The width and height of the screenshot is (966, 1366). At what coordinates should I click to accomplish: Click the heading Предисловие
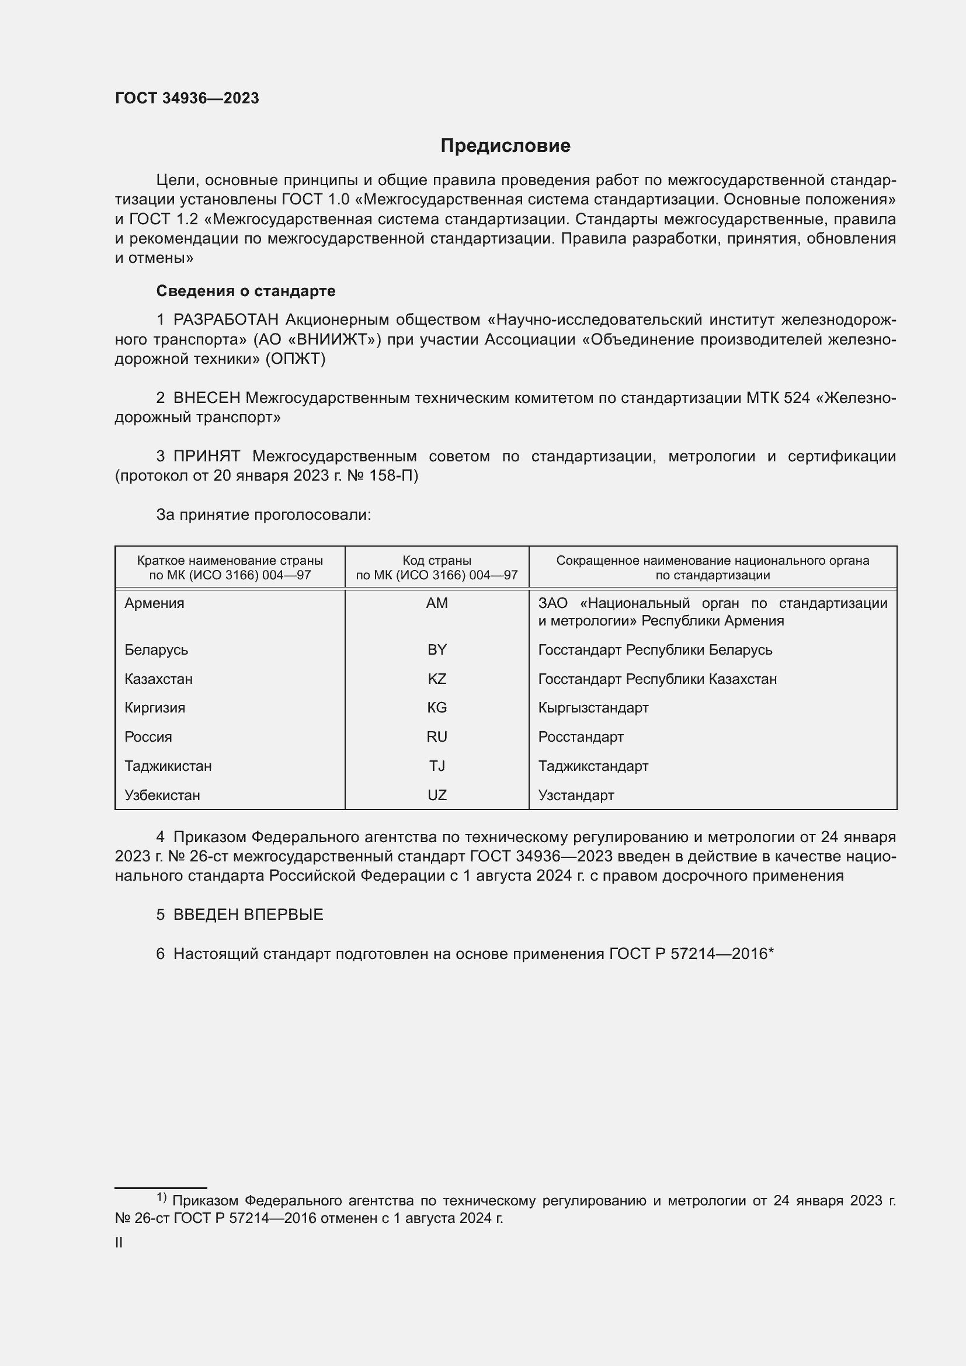click(x=505, y=146)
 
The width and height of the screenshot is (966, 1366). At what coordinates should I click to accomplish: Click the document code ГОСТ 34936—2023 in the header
click(x=187, y=98)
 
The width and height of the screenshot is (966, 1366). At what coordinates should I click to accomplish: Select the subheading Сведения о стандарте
click(x=246, y=291)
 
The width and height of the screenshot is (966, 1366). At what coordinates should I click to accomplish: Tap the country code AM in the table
click(x=437, y=603)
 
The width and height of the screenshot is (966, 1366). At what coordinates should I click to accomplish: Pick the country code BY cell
click(x=437, y=649)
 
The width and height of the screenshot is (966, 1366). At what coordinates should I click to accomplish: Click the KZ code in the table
click(x=437, y=679)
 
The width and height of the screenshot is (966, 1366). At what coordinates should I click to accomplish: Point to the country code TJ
click(x=437, y=766)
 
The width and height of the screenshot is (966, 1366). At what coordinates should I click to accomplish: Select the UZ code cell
click(x=437, y=795)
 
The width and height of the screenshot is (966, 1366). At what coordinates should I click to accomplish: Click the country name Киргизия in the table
click(x=155, y=708)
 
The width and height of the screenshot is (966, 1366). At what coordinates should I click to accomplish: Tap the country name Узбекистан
click(x=162, y=795)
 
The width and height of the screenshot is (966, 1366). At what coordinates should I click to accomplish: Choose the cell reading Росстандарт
click(x=581, y=737)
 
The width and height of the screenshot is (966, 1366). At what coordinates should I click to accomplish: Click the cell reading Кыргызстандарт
click(x=593, y=708)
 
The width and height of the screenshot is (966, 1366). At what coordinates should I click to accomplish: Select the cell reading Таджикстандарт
click(x=593, y=766)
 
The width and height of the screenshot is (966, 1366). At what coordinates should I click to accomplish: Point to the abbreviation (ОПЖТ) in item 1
click(x=296, y=359)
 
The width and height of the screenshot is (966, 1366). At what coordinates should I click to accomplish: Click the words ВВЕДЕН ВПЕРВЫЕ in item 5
click(x=248, y=915)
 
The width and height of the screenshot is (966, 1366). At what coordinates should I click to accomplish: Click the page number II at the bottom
click(x=119, y=1242)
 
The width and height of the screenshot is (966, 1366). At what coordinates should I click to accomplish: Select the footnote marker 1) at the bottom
click(x=161, y=1197)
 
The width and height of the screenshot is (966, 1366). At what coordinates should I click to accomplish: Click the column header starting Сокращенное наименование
click(x=713, y=568)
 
